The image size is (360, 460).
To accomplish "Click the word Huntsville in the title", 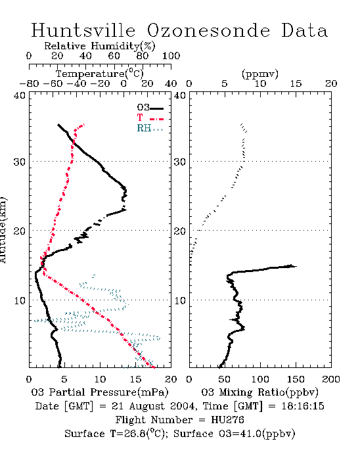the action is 83,30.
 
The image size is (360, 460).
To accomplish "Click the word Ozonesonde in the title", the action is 208,30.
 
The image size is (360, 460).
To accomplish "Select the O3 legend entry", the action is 150,108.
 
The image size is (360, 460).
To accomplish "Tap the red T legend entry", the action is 150,118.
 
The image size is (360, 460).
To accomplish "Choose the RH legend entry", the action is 150,128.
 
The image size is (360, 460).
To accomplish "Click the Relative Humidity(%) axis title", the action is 100,46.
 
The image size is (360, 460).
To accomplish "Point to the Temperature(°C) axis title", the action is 100,74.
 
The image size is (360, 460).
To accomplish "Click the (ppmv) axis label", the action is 260,74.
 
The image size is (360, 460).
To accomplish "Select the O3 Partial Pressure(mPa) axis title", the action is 100,392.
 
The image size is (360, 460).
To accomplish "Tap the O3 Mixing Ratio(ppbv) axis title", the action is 259,392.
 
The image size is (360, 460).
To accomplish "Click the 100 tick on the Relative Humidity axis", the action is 171,56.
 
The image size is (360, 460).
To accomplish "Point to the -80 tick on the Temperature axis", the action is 29,83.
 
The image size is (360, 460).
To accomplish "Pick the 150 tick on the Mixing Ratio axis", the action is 296,379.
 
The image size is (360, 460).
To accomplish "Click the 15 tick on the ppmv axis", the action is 296,83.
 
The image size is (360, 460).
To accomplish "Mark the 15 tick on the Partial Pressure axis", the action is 135,379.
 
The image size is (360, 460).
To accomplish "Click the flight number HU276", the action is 227,420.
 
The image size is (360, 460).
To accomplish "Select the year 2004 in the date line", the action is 182,406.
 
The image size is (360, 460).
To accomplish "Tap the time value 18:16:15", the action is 303,406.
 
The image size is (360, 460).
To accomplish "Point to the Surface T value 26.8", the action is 132,434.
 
